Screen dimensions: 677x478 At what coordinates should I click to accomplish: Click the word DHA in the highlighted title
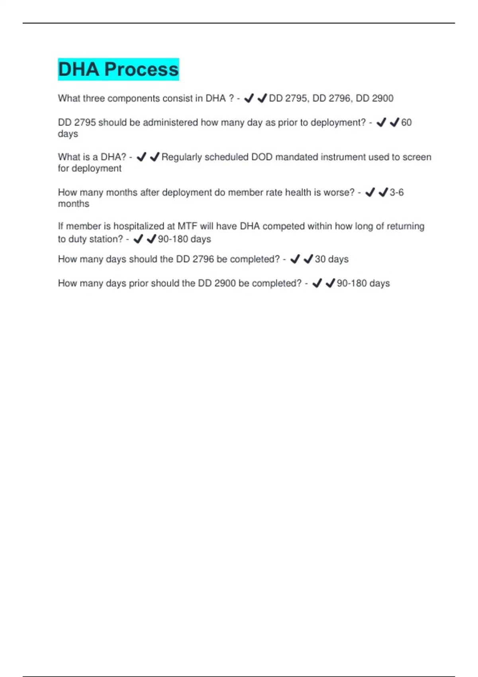coord(78,69)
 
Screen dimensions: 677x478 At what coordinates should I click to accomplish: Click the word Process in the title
coord(141,69)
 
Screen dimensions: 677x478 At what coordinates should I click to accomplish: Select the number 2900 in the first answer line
coord(382,98)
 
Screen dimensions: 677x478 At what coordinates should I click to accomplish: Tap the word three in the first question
coord(94,98)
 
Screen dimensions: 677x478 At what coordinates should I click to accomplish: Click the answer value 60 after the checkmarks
coord(406,123)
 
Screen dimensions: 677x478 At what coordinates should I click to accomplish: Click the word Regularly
coord(182,157)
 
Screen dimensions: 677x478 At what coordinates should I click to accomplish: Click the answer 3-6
coord(396,192)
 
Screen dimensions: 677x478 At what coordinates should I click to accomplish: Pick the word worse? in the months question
coord(339,192)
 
